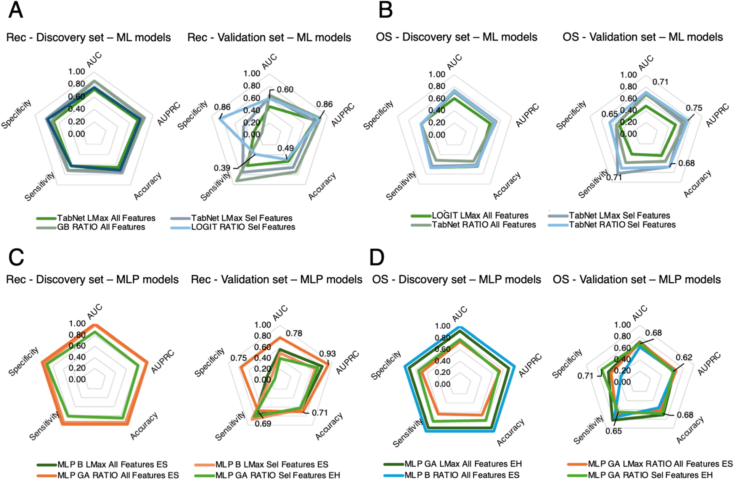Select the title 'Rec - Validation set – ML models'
point(269,37)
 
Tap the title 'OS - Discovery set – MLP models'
point(456,279)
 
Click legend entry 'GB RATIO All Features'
point(101,227)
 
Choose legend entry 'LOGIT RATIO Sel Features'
point(243,227)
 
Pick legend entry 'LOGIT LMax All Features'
point(480,216)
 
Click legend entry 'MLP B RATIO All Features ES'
point(462,475)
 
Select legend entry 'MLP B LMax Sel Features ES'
point(271,464)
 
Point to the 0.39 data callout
point(222,168)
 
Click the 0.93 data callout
point(327,354)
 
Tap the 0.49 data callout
point(285,148)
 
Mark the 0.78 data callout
point(294,333)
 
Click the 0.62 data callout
point(684,358)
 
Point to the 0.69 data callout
point(263,424)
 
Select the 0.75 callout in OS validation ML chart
point(694,108)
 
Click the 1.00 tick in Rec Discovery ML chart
point(77,72)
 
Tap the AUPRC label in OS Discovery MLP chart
point(530,366)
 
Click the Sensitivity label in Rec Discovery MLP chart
point(44,426)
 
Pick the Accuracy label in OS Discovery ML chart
point(506,186)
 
